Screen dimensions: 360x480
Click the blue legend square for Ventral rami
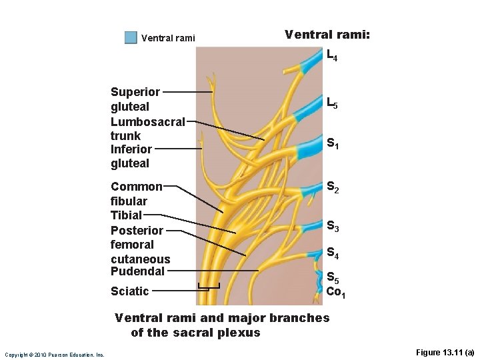(x=131, y=37)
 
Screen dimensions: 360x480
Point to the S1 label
(x=333, y=143)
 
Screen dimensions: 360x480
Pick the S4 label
(x=333, y=253)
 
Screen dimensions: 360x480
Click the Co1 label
(x=335, y=291)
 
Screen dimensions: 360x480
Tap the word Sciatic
(x=129, y=291)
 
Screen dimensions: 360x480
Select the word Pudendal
(x=137, y=271)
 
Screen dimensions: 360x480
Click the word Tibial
(x=126, y=215)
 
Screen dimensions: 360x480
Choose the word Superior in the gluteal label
(x=135, y=92)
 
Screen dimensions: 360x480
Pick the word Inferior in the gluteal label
(x=131, y=149)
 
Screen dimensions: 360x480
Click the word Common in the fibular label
(x=136, y=187)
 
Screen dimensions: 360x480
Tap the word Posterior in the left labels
(x=137, y=230)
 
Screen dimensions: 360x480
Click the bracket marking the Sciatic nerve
(x=209, y=288)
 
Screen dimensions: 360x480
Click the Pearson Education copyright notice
(x=54, y=354)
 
